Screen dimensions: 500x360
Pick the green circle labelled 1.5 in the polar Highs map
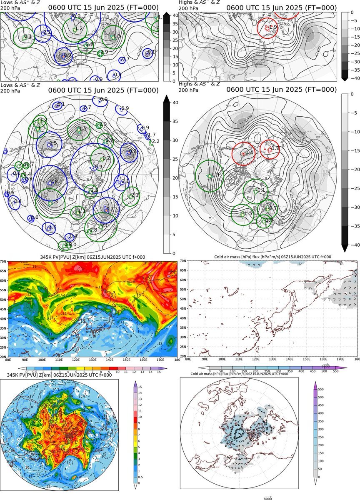(x=243, y=215)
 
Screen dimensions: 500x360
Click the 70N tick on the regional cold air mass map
(x=184, y=261)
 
